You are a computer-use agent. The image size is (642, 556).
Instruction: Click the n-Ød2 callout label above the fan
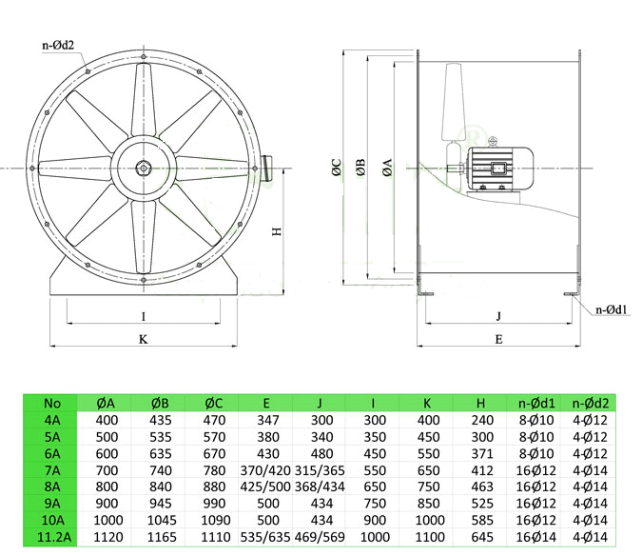pyautogui.click(x=58, y=45)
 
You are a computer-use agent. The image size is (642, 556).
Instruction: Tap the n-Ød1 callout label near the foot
pyautogui.click(x=611, y=309)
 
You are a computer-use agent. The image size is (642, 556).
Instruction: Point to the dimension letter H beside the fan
pyautogui.click(x=277, y=231)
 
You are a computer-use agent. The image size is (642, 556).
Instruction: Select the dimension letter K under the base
pyautogui.click(x=144, y=339)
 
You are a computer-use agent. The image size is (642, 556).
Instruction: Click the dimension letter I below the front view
pyautogui.click(x=144, y=317)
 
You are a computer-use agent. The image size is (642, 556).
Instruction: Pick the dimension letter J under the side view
pyautogui.click(x=498, y=316)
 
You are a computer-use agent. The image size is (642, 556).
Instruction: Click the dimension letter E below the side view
pyautogui.click(x=498, y=339)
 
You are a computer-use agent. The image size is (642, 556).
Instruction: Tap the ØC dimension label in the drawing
pyautogui.click(x=337, y=168)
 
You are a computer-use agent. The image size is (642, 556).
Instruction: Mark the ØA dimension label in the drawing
pyautogui.click(x=387, y=168)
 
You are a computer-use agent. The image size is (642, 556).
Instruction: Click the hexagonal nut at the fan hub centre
pyautogui.click(x=144, y=168)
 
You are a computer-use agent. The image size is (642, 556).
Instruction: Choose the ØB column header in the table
pyautogui.click(x=160, y=403)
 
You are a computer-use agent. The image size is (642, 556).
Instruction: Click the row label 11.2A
pyautogui.click(x=53, y=537)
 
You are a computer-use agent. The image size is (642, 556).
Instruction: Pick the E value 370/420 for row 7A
pyautogui.click(x=265, y=470)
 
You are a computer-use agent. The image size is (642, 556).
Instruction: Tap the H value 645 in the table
pyautogui.click(x=482, y=537)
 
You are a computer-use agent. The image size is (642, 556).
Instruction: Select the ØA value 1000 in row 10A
pyautogui.click(x=108, y=520)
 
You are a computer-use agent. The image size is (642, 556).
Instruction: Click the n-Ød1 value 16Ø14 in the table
pyautogui.click(x=536, y=537)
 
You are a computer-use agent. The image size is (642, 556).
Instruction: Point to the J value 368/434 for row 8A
pyautogui.click(x=320, y=486)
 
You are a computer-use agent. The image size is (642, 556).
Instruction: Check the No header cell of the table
pyautogui.click(x=52, y=403)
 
